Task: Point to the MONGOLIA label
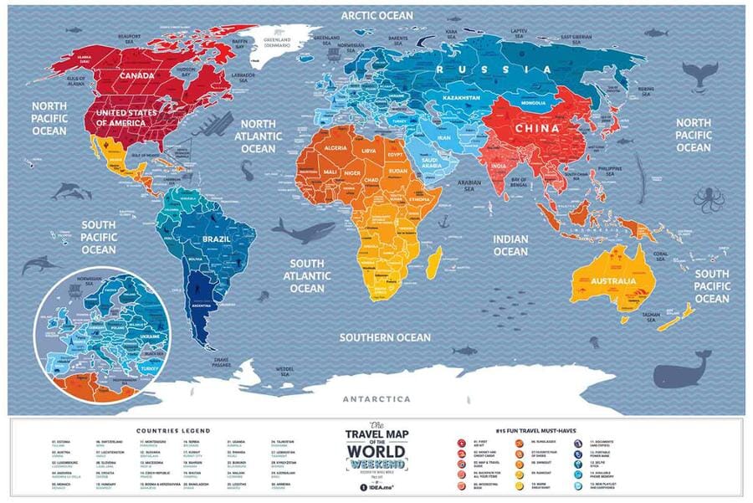(x=533, y=103)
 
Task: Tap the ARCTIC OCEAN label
(x=375, y=14)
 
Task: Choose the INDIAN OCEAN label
(x=510, y=245)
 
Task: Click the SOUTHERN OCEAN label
(x=385, y=337)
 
